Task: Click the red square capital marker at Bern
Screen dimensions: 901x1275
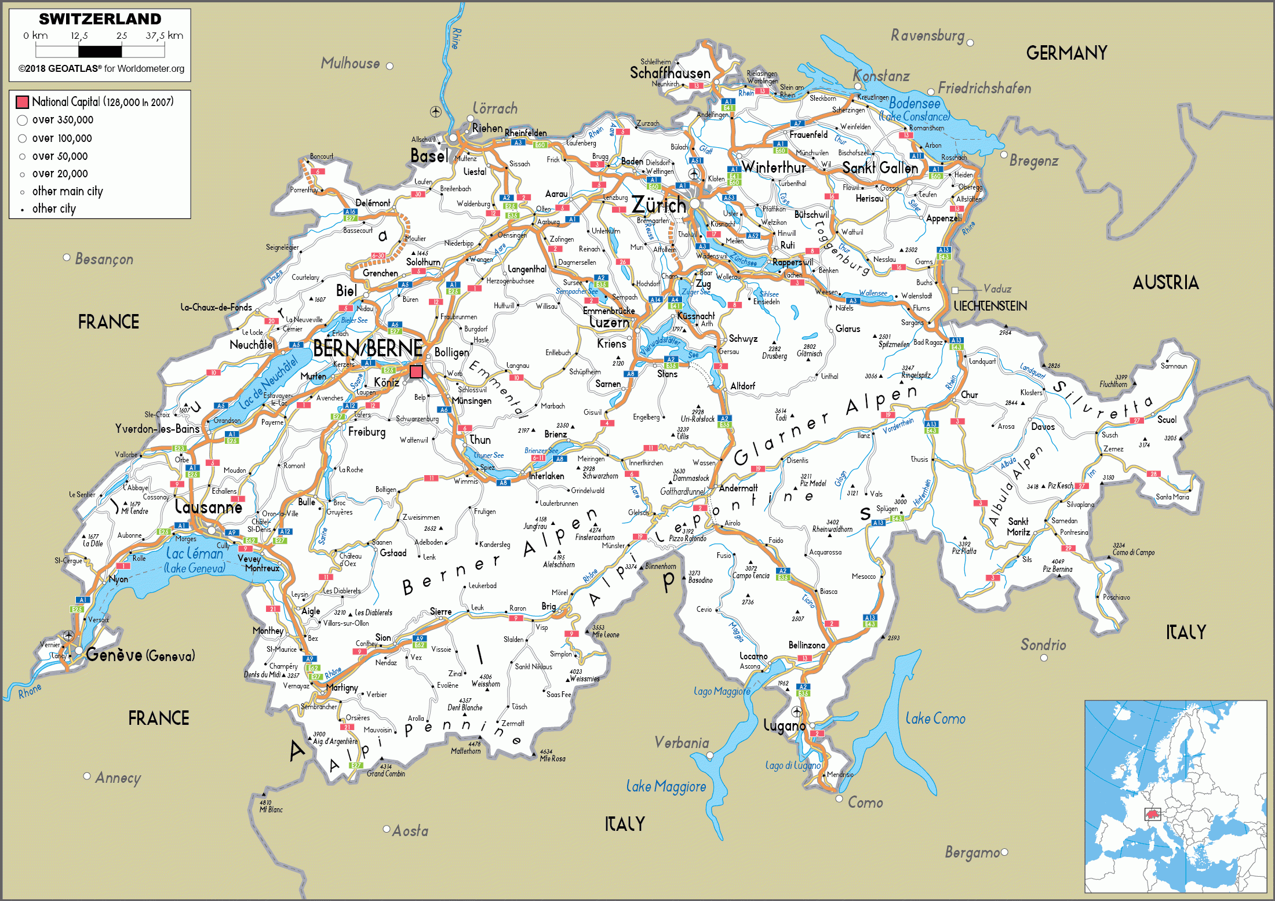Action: pyautogui.click(x=416, y=371)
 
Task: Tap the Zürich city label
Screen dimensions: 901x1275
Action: pyautogui.click(x=658, y=205)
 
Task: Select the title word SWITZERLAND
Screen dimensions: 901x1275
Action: pyautogui.click(x=100, y=19)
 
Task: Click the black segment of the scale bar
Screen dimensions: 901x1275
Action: pyautogui.click(x=100, y=52)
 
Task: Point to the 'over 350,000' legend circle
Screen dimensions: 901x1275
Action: pyautogui.click(x=23, y=120)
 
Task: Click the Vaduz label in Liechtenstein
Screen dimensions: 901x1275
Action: pyautogui.click(x=997, y=289)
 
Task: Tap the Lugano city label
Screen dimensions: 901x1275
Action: pyautogui.click(x=784, y=725)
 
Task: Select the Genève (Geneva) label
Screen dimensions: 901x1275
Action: pyautogui.click(x=140, y=655)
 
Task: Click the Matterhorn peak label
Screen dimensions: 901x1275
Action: pyautogui.click(x=466, y=751)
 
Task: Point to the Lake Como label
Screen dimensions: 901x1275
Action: pyautogui.click(x=935, y=718)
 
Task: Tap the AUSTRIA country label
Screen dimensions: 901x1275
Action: pyautogui.click(x=1165, y=283)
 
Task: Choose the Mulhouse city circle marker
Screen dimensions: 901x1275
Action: pyautogui.click(x=390, y=66)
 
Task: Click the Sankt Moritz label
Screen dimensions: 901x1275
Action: pyautogui.click(x=1018, y=527)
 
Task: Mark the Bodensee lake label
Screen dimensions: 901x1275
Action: pyautogui.click(x=915, y=104)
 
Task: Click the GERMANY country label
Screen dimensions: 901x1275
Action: pyautogui.click(x=1066, y=53)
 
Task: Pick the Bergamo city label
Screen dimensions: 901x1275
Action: pyautogui.click(x=972, y=852)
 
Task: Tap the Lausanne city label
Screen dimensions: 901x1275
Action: pyautogui.click(x=209, y=508)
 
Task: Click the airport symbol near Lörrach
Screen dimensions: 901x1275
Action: pyautogui.click(x=436, y=111)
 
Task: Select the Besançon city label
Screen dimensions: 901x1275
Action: pyautogui.click(x=104, y=259)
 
